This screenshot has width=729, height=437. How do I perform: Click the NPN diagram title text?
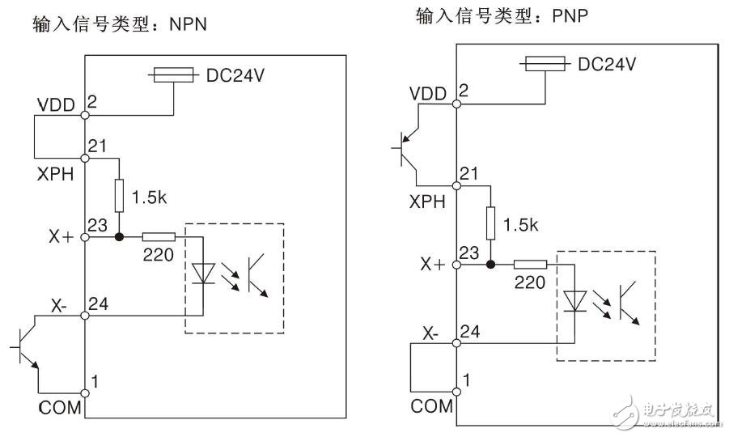[120, 24]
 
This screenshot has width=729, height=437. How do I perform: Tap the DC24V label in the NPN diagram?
[234, 75]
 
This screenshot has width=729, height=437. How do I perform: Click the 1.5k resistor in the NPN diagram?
[119, 195]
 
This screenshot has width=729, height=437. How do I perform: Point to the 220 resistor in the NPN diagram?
[158, 238]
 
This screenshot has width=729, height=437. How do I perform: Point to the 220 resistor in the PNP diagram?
[530, 264]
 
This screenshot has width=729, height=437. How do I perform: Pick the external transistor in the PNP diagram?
[404, 147]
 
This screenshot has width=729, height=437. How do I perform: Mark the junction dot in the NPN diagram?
[119, 238]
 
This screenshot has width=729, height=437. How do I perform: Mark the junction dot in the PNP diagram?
[490, 264]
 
